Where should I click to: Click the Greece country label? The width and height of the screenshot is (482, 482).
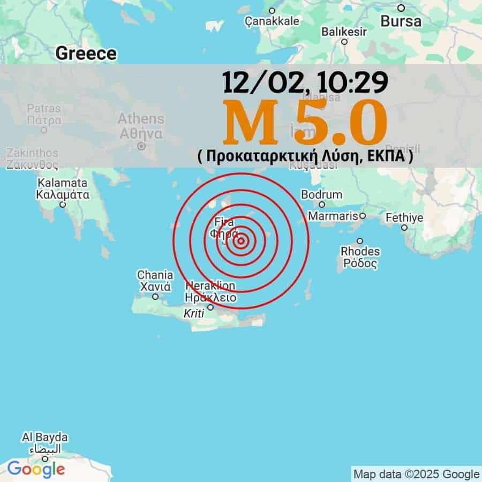(x=86, y=53)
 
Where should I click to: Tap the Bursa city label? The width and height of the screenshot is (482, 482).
(x=401, y=21)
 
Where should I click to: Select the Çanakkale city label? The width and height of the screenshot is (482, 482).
(x=272, y=21)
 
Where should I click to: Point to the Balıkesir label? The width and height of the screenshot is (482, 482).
(x=344, y=32)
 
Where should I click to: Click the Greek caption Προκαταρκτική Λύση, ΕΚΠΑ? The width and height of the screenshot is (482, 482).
(x=305, y=156)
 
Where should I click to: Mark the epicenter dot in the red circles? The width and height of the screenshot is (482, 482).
(x=241, y=241)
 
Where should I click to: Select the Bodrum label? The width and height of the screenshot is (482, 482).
(x=321, y=194)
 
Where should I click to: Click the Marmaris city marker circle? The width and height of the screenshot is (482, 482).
(x=363, y=216)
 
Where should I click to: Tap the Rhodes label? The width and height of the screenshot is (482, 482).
(x=360, y=251)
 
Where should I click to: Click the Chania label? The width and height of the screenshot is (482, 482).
(x=155, y=275)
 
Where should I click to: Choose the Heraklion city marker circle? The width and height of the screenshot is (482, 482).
(x=210, y=307)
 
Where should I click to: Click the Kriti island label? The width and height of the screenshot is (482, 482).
(x=194, y=314)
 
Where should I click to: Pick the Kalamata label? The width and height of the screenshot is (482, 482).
(x=63, y=183)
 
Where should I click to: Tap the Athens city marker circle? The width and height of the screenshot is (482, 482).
(x=141, y=146)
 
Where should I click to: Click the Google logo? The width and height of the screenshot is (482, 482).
(x=36, y=469)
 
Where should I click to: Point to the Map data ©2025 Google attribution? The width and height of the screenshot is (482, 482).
(x=416, y=474)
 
